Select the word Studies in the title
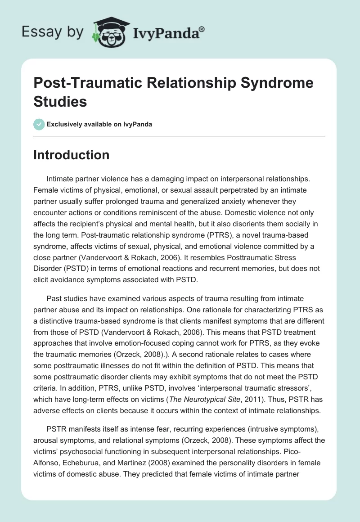click(x=60, y=101)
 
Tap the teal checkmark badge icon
click(x=39, y=124)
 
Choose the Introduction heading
click(x=72, y=155)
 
